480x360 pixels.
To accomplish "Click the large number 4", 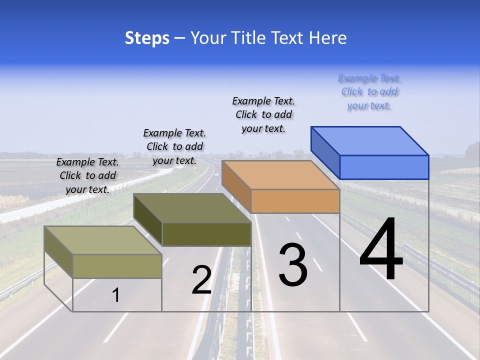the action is point(381,250).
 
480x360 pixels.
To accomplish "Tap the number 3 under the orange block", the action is point(293,265).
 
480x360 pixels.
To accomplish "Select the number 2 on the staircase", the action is point(201,280).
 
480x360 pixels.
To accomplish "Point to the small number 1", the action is point(115,295).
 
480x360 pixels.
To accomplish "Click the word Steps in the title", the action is point(147,38).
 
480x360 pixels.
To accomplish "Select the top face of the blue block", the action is point(370,140).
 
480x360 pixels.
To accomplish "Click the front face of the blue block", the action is point(384,167).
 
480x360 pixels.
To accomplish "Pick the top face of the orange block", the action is point(280,174).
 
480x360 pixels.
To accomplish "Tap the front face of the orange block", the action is point(295,201).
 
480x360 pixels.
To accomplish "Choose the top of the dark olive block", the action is point(192,208).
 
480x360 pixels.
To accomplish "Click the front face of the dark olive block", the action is point(206,234).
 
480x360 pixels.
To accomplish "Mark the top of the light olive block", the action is point(103,240).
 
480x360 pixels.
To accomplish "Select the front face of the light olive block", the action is point(117,266).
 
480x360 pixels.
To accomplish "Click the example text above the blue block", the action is point(369,92).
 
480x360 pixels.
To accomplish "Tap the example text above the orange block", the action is point(263,114).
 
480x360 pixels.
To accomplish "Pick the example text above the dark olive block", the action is point(174,146).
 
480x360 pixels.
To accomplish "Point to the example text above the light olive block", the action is point(87,175).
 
